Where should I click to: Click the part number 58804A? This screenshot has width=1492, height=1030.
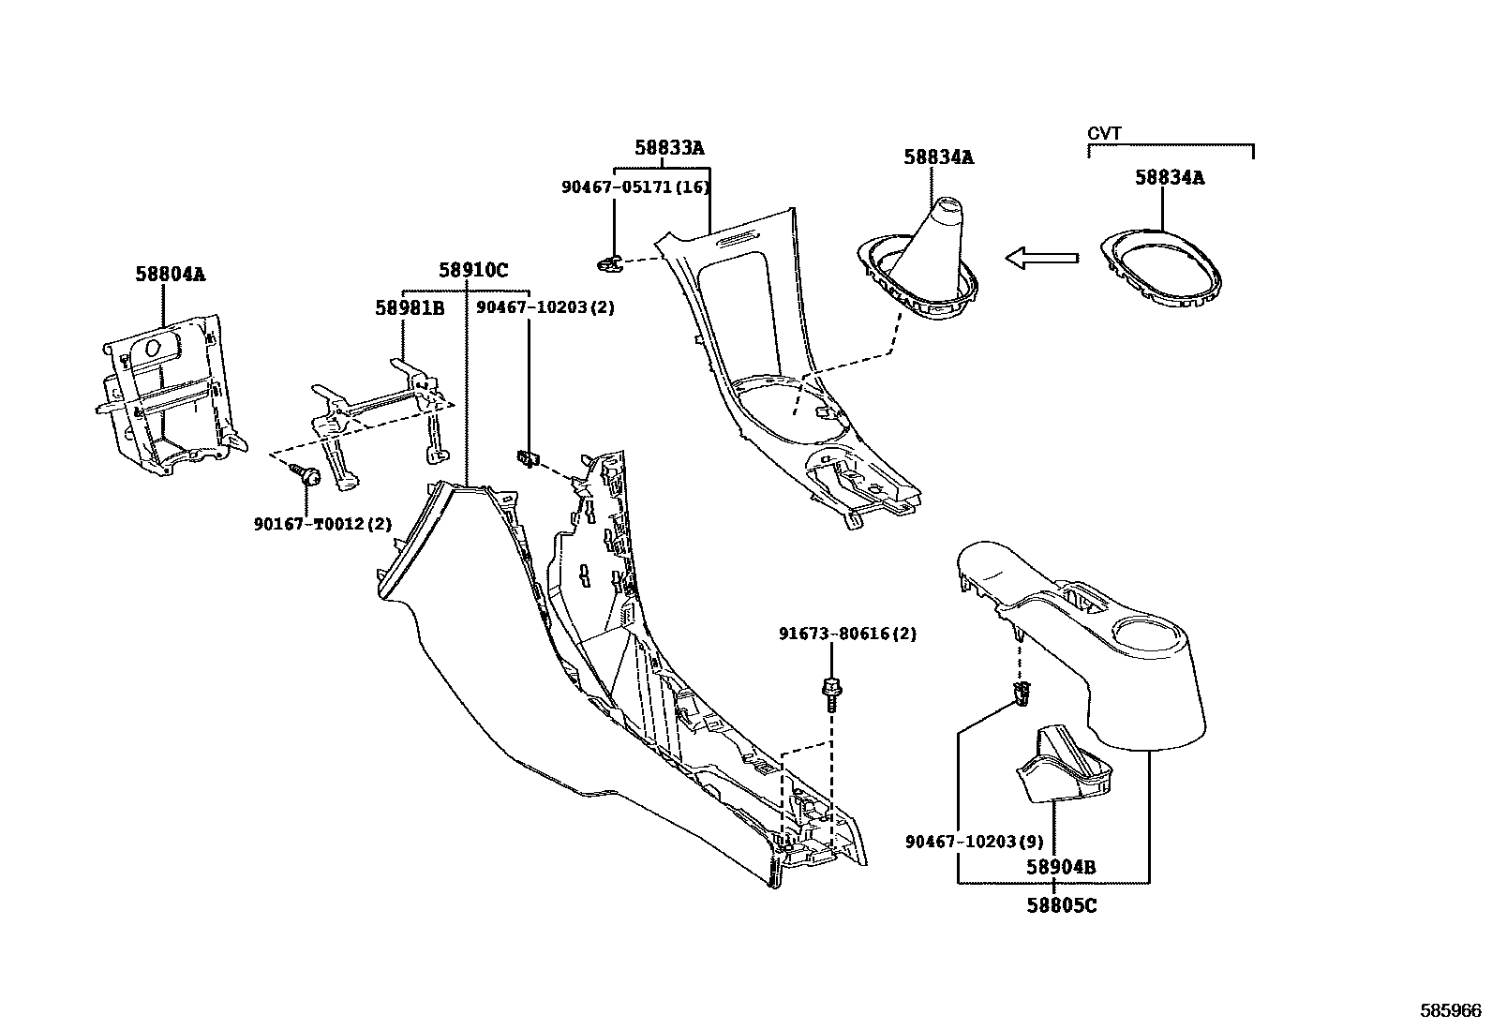point(170,274)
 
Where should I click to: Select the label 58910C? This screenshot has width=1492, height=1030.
point(473,271)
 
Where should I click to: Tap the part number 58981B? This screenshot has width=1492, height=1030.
point(410,307)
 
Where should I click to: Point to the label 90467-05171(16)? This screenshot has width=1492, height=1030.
point(635,187)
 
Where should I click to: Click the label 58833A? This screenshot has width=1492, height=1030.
point(669,148)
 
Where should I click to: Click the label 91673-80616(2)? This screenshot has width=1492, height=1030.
point(847,634)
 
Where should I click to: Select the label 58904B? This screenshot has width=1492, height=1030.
point(1061,867)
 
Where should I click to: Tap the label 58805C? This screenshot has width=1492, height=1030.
point(1061,905)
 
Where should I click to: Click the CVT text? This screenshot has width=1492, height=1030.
point(1104,134)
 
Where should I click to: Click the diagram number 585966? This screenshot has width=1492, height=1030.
point(1452,1010)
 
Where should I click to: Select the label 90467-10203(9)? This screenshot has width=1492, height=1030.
point(975,841)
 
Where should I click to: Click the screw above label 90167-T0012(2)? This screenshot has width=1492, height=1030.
point(306,474)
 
